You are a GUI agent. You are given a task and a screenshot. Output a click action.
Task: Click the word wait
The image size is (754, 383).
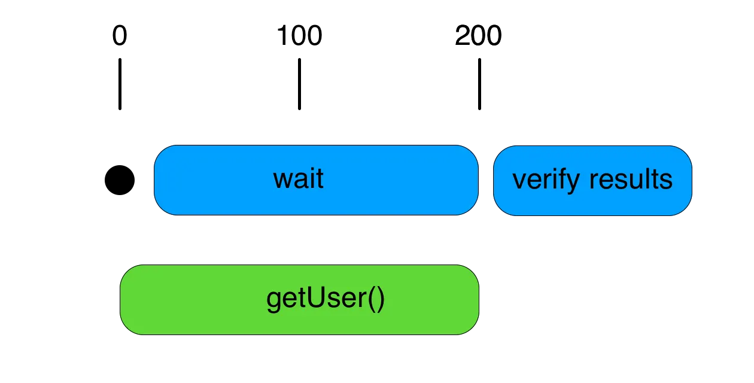pos(298,179)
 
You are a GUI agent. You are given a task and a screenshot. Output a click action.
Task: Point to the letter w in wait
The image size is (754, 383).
pos(282,180)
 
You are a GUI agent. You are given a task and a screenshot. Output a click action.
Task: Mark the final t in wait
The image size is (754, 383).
pos(320,179)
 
